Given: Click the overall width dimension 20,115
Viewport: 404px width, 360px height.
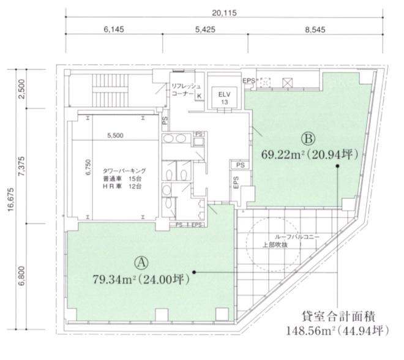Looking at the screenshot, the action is tap(224, 13).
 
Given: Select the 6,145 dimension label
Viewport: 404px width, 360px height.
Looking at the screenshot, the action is tap(114, 29).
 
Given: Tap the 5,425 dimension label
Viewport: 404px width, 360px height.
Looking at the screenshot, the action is tap(205, 29).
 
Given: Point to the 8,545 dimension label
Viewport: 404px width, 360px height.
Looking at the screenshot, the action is tap(315, 29).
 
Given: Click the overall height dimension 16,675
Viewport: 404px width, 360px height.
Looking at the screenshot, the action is tap(11, 200).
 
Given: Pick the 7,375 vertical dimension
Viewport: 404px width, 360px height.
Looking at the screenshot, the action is tap(21, 166).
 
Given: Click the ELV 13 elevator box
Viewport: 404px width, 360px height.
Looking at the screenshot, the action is tap(225, 98).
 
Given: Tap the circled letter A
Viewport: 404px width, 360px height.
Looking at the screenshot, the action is tap(141, 263).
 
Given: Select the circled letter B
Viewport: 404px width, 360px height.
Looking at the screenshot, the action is tap(309, 138).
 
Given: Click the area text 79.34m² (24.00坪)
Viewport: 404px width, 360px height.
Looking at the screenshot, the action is tap(141, 279).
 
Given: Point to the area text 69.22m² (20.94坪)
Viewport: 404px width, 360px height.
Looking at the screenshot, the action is tap(310, 155).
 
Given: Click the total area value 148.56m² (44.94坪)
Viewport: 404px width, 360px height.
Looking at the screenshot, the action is tap(337, 331).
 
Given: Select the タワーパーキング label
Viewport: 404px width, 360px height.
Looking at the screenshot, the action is tap(124, 171).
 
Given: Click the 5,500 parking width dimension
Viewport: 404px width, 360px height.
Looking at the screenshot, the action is tap(115, 135).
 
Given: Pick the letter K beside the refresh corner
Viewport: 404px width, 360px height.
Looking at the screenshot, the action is tap(199, 96).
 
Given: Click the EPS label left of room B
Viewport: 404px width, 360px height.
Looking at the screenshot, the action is tap(236, 182).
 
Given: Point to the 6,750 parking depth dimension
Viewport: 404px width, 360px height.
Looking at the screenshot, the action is tap(88, 168).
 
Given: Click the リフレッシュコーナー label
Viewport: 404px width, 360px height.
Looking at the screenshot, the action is tap(185, 89).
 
